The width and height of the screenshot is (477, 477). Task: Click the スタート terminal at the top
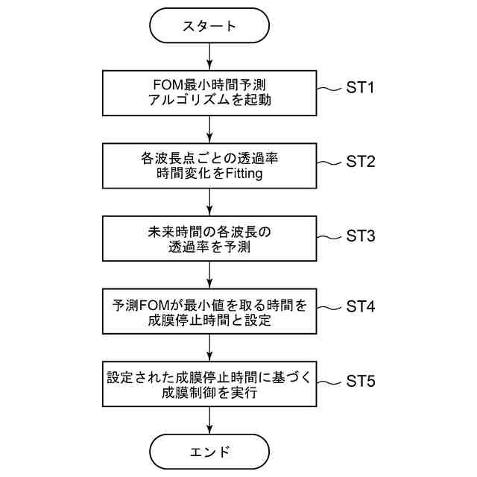click(x=209, y=26)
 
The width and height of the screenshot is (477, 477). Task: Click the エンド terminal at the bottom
click(x=209, y=451)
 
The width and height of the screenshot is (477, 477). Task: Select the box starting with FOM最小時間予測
click(x=209, y=92)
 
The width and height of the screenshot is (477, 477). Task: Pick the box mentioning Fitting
click(x=209, y=165)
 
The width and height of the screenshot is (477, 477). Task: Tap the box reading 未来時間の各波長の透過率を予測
click(x=209, y=238)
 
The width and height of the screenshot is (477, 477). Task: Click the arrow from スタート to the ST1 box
click(x=209, y=56)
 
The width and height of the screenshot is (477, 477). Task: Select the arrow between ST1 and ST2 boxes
click(x=209, y=129)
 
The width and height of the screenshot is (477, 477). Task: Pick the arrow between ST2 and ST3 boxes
click(x=209, y=202)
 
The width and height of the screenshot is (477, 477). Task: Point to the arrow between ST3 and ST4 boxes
click(x=209, y=275)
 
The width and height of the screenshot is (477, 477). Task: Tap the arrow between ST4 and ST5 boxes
click(x=209, y=348)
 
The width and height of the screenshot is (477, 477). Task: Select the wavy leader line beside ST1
click(x=329, y=89)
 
